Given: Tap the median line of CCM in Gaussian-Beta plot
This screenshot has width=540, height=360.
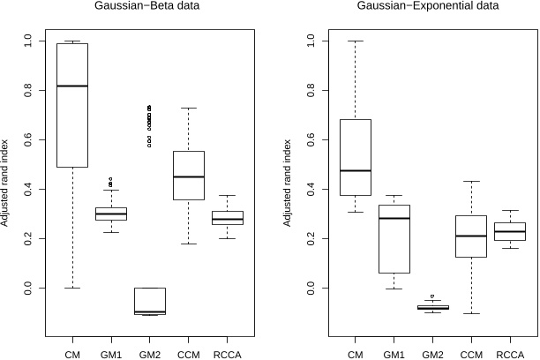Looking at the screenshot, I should tap(189, 176).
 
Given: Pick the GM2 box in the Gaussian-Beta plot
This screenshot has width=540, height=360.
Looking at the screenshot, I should tap(149, 300).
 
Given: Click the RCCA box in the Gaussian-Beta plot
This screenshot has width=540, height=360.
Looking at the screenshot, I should tap(228, 218).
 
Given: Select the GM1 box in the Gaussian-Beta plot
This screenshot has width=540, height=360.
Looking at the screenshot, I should tap(111, 214).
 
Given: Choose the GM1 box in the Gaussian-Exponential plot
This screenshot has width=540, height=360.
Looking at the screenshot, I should tap(394, 239).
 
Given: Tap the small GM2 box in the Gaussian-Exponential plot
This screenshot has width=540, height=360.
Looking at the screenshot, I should tap(432, 307).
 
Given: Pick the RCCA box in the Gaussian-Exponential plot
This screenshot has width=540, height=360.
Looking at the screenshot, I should tap(509, 231).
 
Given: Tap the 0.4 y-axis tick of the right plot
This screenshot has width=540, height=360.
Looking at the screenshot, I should tap(310, 189).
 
